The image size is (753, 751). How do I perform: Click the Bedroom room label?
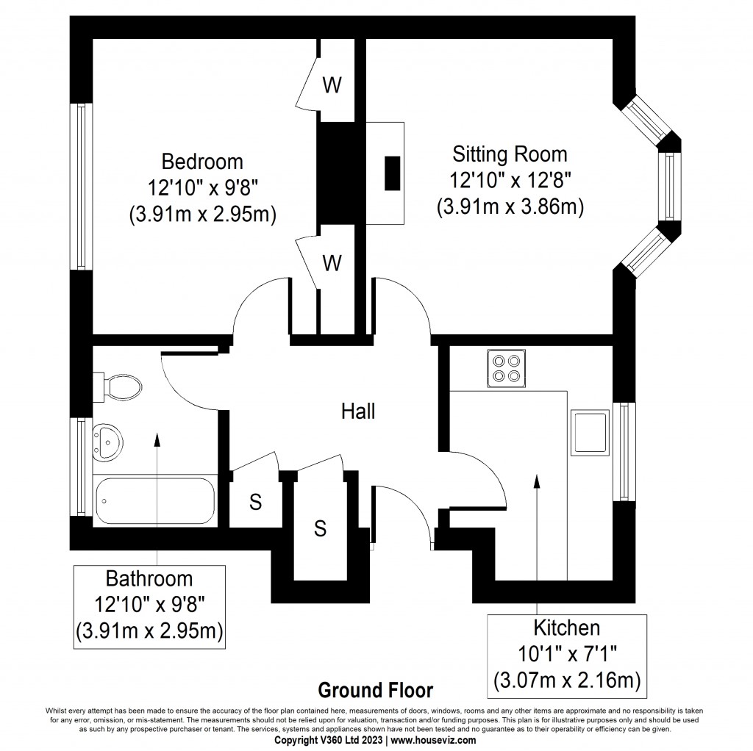(202, 160)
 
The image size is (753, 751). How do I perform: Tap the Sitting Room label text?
(510, 154)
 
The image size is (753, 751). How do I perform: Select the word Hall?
(358, 412)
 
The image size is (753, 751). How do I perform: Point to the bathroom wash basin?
(109, 443)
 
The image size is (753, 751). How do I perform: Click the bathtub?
(154, 501)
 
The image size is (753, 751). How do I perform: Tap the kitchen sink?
(590, 432)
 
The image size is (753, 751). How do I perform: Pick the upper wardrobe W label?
(332, 85)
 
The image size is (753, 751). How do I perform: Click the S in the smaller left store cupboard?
(255, 503)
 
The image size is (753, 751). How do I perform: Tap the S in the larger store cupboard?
(320, 528)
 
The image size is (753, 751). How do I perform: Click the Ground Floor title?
(375, 691)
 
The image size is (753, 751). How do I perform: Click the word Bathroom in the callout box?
(149, 578)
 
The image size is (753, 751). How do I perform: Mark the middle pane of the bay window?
(670, 187)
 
